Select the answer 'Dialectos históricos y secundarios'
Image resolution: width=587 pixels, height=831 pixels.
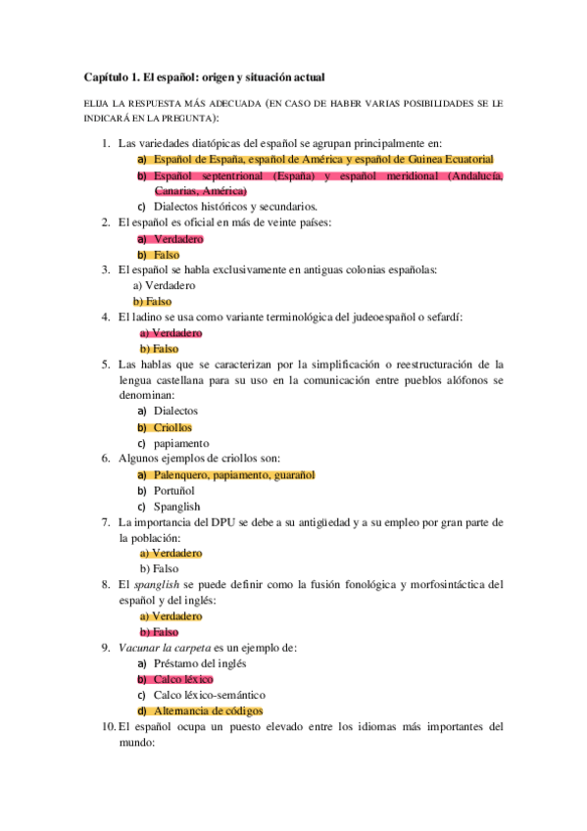[x=236, y=207]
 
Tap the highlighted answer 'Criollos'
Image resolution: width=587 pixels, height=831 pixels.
[x=173, y=427]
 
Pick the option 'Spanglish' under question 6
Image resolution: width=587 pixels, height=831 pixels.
[x=177, y=507]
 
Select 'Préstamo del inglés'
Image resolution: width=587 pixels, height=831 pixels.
[x=207, y=663]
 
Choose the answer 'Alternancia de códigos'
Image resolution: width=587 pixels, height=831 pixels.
[x=209, y=710]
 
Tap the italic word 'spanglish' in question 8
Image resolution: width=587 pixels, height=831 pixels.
[x=157, y=585]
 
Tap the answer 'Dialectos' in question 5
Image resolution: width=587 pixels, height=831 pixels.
[x=176, y=412]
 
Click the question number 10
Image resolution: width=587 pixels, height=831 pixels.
[x=108, y=727]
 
